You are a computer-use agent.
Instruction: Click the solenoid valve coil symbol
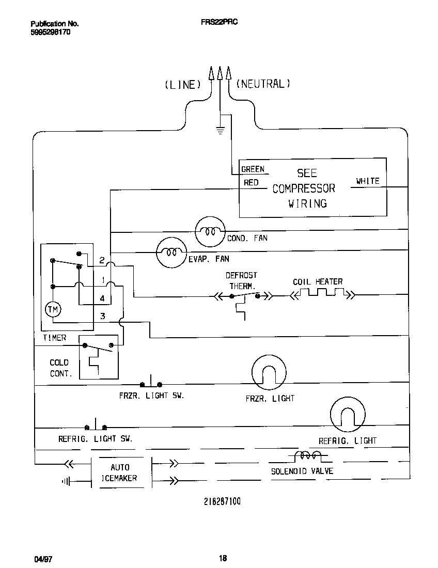307,456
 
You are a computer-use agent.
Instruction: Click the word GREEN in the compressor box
253,169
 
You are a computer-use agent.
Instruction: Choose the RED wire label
251,182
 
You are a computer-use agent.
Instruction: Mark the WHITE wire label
367,181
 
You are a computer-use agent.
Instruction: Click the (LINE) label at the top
182,85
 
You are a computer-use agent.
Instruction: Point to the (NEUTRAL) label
263,84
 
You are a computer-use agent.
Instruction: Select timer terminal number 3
102,316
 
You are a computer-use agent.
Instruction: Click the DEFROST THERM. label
241,280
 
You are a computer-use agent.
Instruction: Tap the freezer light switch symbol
151,383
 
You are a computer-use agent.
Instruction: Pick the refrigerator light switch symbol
96,426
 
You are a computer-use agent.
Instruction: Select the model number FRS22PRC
219,23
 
